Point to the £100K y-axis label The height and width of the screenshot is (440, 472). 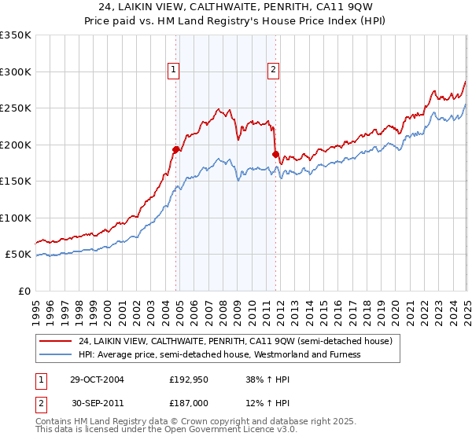click(x=16, y=218)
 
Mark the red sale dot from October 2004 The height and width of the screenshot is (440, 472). click(x=176, y=149)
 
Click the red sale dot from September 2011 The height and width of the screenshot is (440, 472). click(x=276, y=154)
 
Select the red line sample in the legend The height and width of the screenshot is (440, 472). click(x=54, y=341)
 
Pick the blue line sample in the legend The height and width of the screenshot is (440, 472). click(x=54, y=354)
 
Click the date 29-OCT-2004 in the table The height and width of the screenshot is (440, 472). click(x=97, y=379)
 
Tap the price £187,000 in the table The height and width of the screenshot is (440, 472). click(x=190, y=402)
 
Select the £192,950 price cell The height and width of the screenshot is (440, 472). click(x=190, y=379)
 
